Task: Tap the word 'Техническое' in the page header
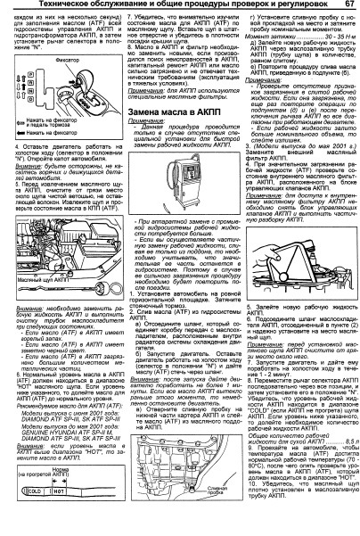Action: click(x=52, y=7)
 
